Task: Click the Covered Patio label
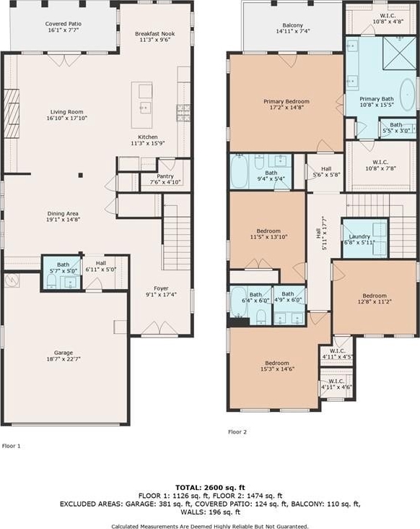(x=64, y=24)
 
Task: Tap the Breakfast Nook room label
(x=155, y=34)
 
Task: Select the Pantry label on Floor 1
(x=165, y=176)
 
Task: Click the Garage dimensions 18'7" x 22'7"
(x=64, y=359)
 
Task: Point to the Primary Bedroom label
(x=286, y=101)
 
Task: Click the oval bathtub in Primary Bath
(x=408, y=95)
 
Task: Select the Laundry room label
(x=359, y=236)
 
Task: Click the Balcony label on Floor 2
(x=293, y=25)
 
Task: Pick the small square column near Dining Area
(x=81, y=175)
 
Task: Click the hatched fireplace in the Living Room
(x=12, y=113)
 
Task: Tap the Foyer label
(x=161, y=288)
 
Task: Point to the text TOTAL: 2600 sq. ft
(x=210, y=488)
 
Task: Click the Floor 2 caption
(x=237, y=432)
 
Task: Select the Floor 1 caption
(x=12, y=446)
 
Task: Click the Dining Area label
(x=63, y=214)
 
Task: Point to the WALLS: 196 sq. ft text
(x=210, y=512)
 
